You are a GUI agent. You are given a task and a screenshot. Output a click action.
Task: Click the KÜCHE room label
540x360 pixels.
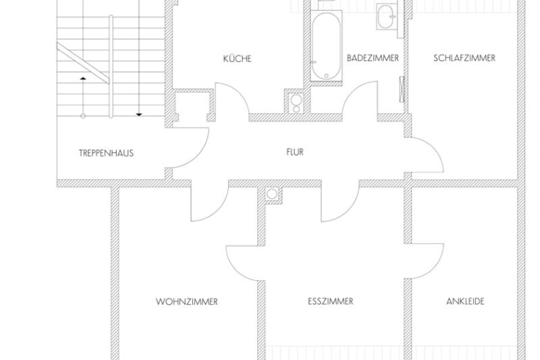(237, 58)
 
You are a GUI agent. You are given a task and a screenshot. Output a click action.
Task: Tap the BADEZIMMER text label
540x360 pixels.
(373, 58)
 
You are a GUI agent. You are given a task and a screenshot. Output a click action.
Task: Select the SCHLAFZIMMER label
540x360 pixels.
(464, 58)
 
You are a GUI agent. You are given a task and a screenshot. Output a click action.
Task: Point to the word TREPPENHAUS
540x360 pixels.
(106, 153)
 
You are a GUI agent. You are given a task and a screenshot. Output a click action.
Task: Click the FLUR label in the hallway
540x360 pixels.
(295, 152)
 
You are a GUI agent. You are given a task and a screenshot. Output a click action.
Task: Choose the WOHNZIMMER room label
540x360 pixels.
(187, 302)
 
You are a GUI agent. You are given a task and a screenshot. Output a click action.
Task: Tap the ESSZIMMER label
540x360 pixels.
(331, 302)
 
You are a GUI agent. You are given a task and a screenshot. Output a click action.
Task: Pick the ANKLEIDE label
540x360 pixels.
(465, 302)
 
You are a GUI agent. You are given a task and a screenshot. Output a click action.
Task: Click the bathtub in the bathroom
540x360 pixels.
(326, 46)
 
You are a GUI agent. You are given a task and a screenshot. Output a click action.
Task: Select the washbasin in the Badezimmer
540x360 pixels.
(388, 16)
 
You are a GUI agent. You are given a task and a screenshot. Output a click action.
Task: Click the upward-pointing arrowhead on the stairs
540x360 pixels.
(83, 79)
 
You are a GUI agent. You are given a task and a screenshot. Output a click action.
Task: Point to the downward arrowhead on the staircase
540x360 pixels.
(139, 114)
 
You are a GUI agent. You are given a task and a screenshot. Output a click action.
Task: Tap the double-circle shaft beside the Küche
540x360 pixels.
(296, 103)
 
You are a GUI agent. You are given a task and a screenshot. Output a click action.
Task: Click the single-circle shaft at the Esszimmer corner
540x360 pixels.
(271, 194)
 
